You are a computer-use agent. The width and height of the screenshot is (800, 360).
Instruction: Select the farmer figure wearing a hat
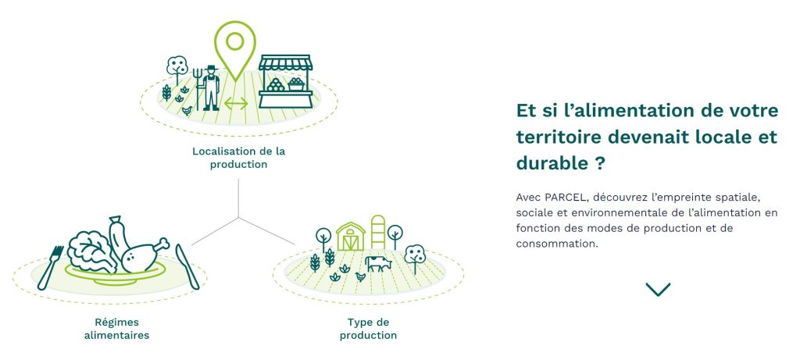[x=211, y=87]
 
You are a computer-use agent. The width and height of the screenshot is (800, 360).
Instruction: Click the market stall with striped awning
[x=285, y=81]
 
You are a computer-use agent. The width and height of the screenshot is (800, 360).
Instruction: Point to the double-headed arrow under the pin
[x=236, y=104]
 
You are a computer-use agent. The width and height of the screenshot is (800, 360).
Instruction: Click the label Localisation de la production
[x=238, y=158]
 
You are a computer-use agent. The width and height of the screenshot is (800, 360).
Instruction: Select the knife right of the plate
[x=187, y=266]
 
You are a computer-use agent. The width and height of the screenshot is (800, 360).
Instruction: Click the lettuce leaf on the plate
[x=92, y=251]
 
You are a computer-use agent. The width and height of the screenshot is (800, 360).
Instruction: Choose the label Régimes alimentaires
[x=117, y=329]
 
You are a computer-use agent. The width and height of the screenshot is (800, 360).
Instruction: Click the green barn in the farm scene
[x=351, y=236]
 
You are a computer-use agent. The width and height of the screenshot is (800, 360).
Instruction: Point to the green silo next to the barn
[x=377, y=232]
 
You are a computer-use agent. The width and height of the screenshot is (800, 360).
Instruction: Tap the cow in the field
[x=378, y=263]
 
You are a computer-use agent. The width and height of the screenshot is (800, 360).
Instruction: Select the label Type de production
[x=369, y=329]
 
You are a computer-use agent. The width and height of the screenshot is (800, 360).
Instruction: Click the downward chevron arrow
[x=658, y=290]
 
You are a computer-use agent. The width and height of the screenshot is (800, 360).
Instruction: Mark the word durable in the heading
[x=552, y=163]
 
